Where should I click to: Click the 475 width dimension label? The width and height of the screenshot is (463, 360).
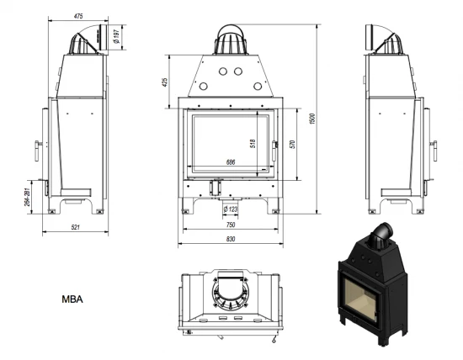click(79, 15)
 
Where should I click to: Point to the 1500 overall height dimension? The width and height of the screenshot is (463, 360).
click(311, 119)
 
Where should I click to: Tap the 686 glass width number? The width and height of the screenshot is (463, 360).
click(230, 161)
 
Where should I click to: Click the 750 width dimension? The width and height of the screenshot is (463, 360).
click(230, 225)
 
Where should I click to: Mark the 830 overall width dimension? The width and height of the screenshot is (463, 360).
click(230, 240)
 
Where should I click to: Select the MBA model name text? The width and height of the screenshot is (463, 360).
click(72, 299)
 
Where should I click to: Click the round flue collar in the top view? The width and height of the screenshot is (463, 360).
click(229, 294)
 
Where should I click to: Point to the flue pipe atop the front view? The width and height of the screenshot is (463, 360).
click(229, 37)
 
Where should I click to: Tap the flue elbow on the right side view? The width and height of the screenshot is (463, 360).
click(384, 38)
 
